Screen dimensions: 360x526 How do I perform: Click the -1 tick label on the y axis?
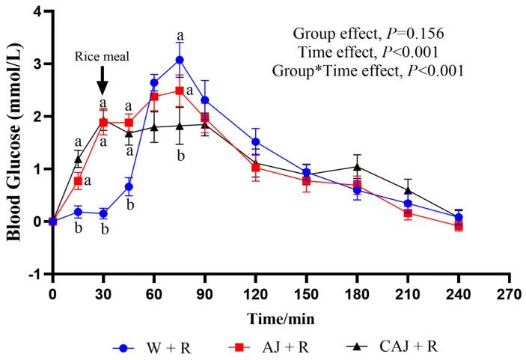pyautogui.click(x=34, y=274)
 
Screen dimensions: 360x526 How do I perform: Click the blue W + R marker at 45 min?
pyautogui.click(x=129, y=186)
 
